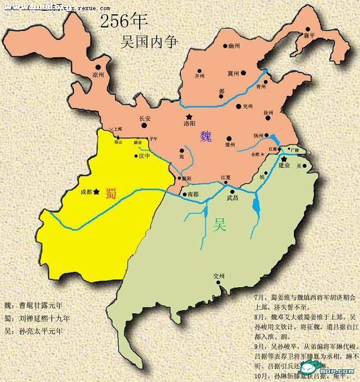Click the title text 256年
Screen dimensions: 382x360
124,21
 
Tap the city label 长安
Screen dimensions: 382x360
145,118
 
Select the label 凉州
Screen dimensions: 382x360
98,75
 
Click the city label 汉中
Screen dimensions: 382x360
145,156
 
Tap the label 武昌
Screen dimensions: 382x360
232,198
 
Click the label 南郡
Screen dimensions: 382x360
192,195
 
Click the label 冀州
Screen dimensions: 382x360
233,73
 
